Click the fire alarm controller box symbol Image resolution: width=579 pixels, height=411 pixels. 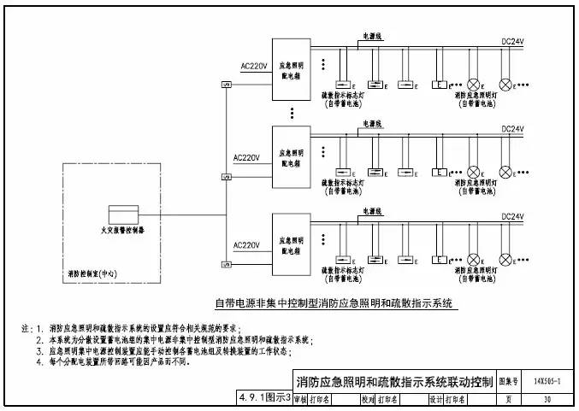pos(125,214)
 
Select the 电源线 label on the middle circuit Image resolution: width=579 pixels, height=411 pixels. pos(373,124)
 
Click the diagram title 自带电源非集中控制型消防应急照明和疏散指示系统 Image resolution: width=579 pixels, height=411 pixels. pos(337,303)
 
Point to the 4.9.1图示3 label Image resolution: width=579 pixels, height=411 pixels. pos(265,399)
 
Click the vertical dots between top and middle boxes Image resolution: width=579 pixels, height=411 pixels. pos(292,112)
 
